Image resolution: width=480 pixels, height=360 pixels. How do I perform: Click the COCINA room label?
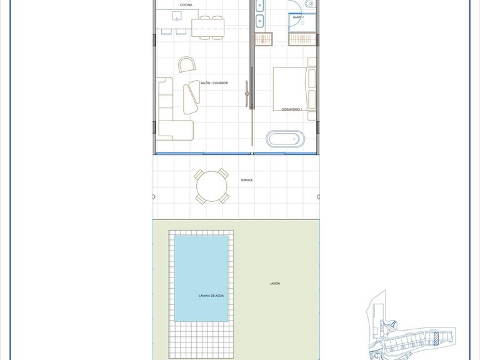[x=186, y=4]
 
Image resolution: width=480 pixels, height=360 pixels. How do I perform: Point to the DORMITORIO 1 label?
[x=292, y=109]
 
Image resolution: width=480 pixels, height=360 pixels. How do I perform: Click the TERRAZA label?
[x=246, y=180]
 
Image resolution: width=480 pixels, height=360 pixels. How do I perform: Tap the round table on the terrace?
[x=212, y=186]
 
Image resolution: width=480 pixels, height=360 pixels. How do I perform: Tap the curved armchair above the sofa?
[x=187, y=64]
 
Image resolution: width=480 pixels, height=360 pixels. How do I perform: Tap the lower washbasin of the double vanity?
[x=261, y=22]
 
